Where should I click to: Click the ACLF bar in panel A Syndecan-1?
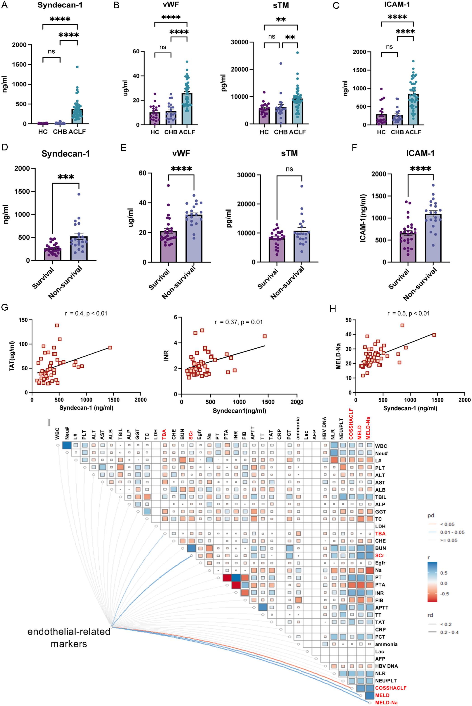pyautogui.click(x=77, y=116)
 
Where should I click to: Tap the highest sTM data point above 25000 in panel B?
pyautogui.click(x=297, y=53)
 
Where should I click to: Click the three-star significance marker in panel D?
pyautogui.click(x=65, y=177)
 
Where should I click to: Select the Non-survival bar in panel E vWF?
pyautogui.click(x=194, y=238)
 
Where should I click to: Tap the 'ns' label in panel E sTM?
pyautogui.click(x=289, y=169)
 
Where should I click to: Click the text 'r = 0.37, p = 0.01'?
pyautogui.click(x=238, y=322)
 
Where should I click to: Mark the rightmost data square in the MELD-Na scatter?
pyautogui.click(x=434, y=335)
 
